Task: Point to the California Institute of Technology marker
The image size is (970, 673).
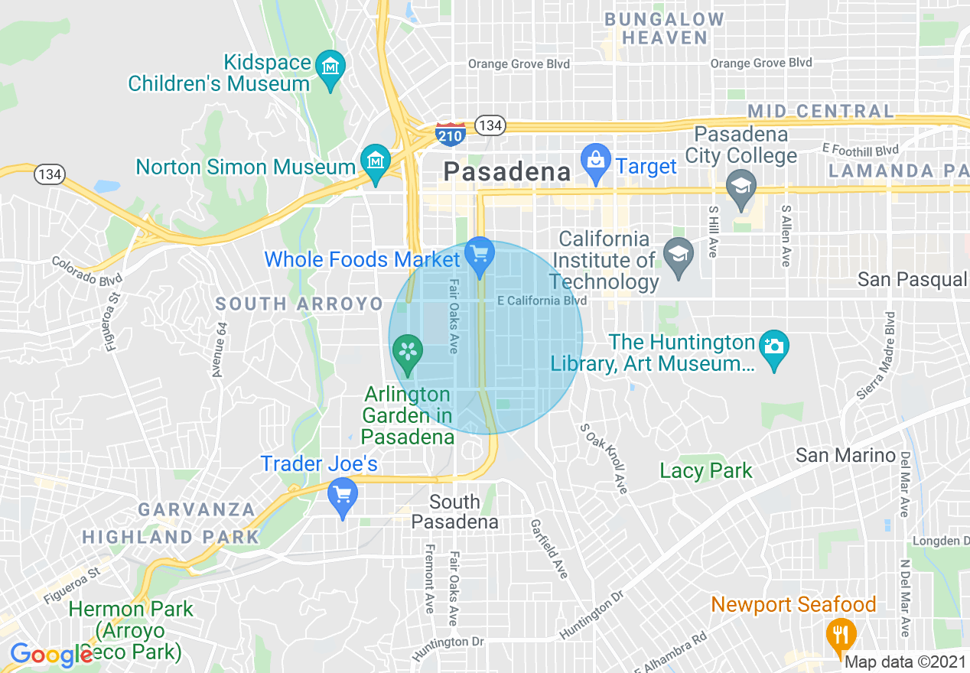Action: pos(678,255)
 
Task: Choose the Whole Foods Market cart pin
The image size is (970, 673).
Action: pos(480,255)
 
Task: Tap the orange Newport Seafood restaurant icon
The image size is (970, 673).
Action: pos(840,635)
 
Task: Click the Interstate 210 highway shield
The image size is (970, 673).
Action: pos(450,134)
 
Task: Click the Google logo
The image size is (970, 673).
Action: pos(50,655)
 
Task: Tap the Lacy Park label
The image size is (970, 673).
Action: pos(706,471)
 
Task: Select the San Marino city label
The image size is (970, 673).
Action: pos(845,456)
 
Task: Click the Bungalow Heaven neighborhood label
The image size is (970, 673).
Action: pos(664,28)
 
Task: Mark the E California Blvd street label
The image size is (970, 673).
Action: pos(542,301)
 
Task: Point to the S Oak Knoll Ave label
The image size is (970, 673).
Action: pos(604,458)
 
